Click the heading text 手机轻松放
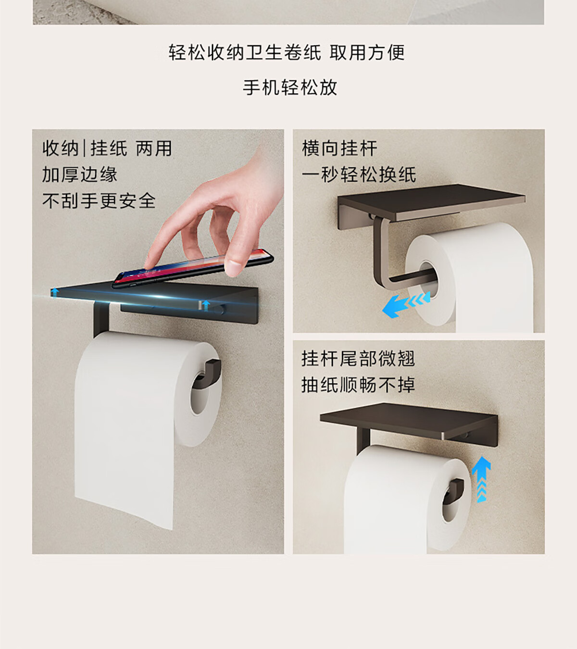pos(289,87)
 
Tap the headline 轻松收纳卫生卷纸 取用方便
pos(287,52)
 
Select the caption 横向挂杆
pos(339,149)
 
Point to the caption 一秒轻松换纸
pos(359,175)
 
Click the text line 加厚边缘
pos(80,175)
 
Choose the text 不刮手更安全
pos(99,201)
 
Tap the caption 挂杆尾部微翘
pos(358,359)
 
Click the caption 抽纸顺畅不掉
pos(358,385)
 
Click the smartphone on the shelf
pos(192,268)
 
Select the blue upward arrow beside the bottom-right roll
pos(481,479)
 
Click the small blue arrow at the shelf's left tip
pos(55,292)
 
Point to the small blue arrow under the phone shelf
pos(206,305)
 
